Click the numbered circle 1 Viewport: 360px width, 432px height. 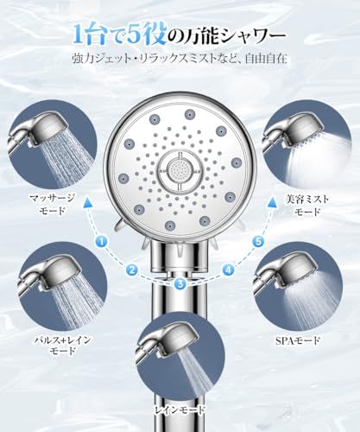[101, 241]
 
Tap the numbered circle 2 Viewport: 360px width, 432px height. [132, 270]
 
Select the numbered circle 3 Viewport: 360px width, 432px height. [179, 282]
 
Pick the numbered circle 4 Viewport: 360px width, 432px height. [228, 270]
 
